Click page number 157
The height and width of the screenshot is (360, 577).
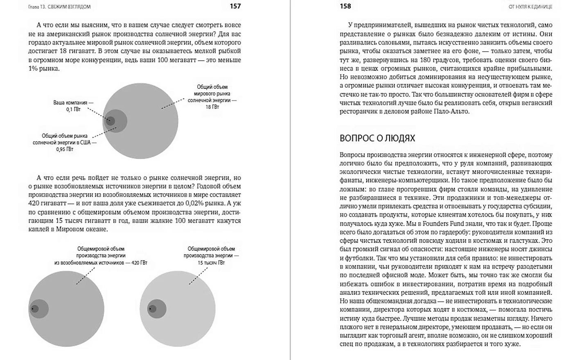pos(235,6)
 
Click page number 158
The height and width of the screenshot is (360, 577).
pos(345,6)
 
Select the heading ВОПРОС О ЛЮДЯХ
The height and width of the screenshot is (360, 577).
pos(377,138)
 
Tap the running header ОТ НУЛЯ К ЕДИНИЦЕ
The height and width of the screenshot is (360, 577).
pos(530,7)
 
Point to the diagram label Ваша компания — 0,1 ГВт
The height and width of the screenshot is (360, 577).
pos(73,106)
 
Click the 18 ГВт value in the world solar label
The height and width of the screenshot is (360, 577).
pos(212,107)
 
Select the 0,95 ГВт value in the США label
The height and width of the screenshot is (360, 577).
pos(65,149)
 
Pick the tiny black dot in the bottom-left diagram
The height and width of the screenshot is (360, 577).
pos(32,308)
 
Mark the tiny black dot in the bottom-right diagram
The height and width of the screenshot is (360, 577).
pos(150,308)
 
